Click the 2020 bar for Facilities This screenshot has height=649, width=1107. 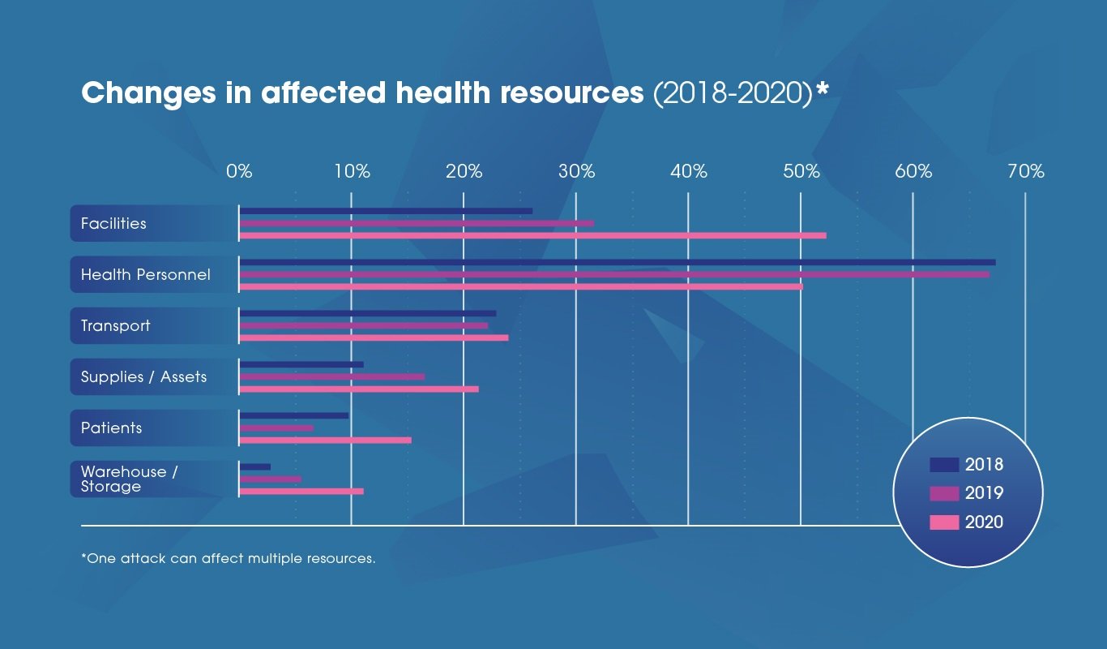pos(532,235)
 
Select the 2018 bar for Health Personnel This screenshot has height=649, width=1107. pos(617,262)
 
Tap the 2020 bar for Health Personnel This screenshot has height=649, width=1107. pos(521,286)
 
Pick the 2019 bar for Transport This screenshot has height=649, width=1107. pos(364,325)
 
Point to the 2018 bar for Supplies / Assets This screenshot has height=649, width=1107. pos(301,364)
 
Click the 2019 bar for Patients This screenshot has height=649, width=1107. pos(276,428)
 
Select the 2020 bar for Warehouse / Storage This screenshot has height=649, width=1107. pos(301,491)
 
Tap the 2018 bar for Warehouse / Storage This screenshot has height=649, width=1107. pos(255,466)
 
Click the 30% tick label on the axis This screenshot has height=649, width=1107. pos(576,172)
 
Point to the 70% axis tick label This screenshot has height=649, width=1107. pos(1026,172)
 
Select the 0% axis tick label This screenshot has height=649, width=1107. pos(239,172)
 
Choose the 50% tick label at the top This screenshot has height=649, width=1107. pos(801,172)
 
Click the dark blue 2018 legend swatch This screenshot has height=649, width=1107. pos(944,465)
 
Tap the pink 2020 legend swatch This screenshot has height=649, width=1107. pos(944,522)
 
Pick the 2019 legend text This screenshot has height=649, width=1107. pos(984,493)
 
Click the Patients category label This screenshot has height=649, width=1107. pos(111,428)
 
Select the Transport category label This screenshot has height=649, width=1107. pos(115,325)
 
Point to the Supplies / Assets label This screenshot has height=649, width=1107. pos(143,376)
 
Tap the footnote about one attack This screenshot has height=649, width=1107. pos(228,559)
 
